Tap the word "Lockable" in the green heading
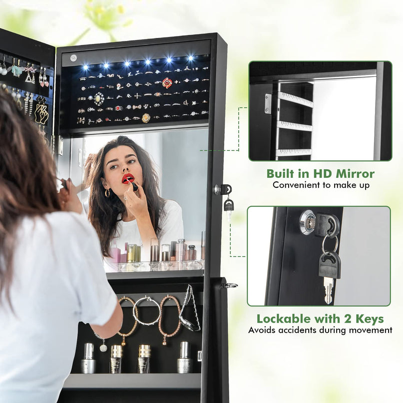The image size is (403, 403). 284,319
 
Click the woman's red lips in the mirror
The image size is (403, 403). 128,178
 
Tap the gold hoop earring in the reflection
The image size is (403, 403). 107,193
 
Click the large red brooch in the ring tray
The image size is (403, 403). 167,83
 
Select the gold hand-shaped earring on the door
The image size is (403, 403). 41,113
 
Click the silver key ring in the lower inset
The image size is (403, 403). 330,244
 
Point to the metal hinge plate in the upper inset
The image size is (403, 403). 268,103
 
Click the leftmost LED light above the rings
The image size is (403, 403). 85,67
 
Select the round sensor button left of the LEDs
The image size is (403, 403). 73,57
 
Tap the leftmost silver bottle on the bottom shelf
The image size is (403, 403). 88,358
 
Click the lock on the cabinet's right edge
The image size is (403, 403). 223,190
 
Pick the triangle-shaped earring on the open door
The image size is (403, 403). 30,76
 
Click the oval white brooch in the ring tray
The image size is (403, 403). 99,99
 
